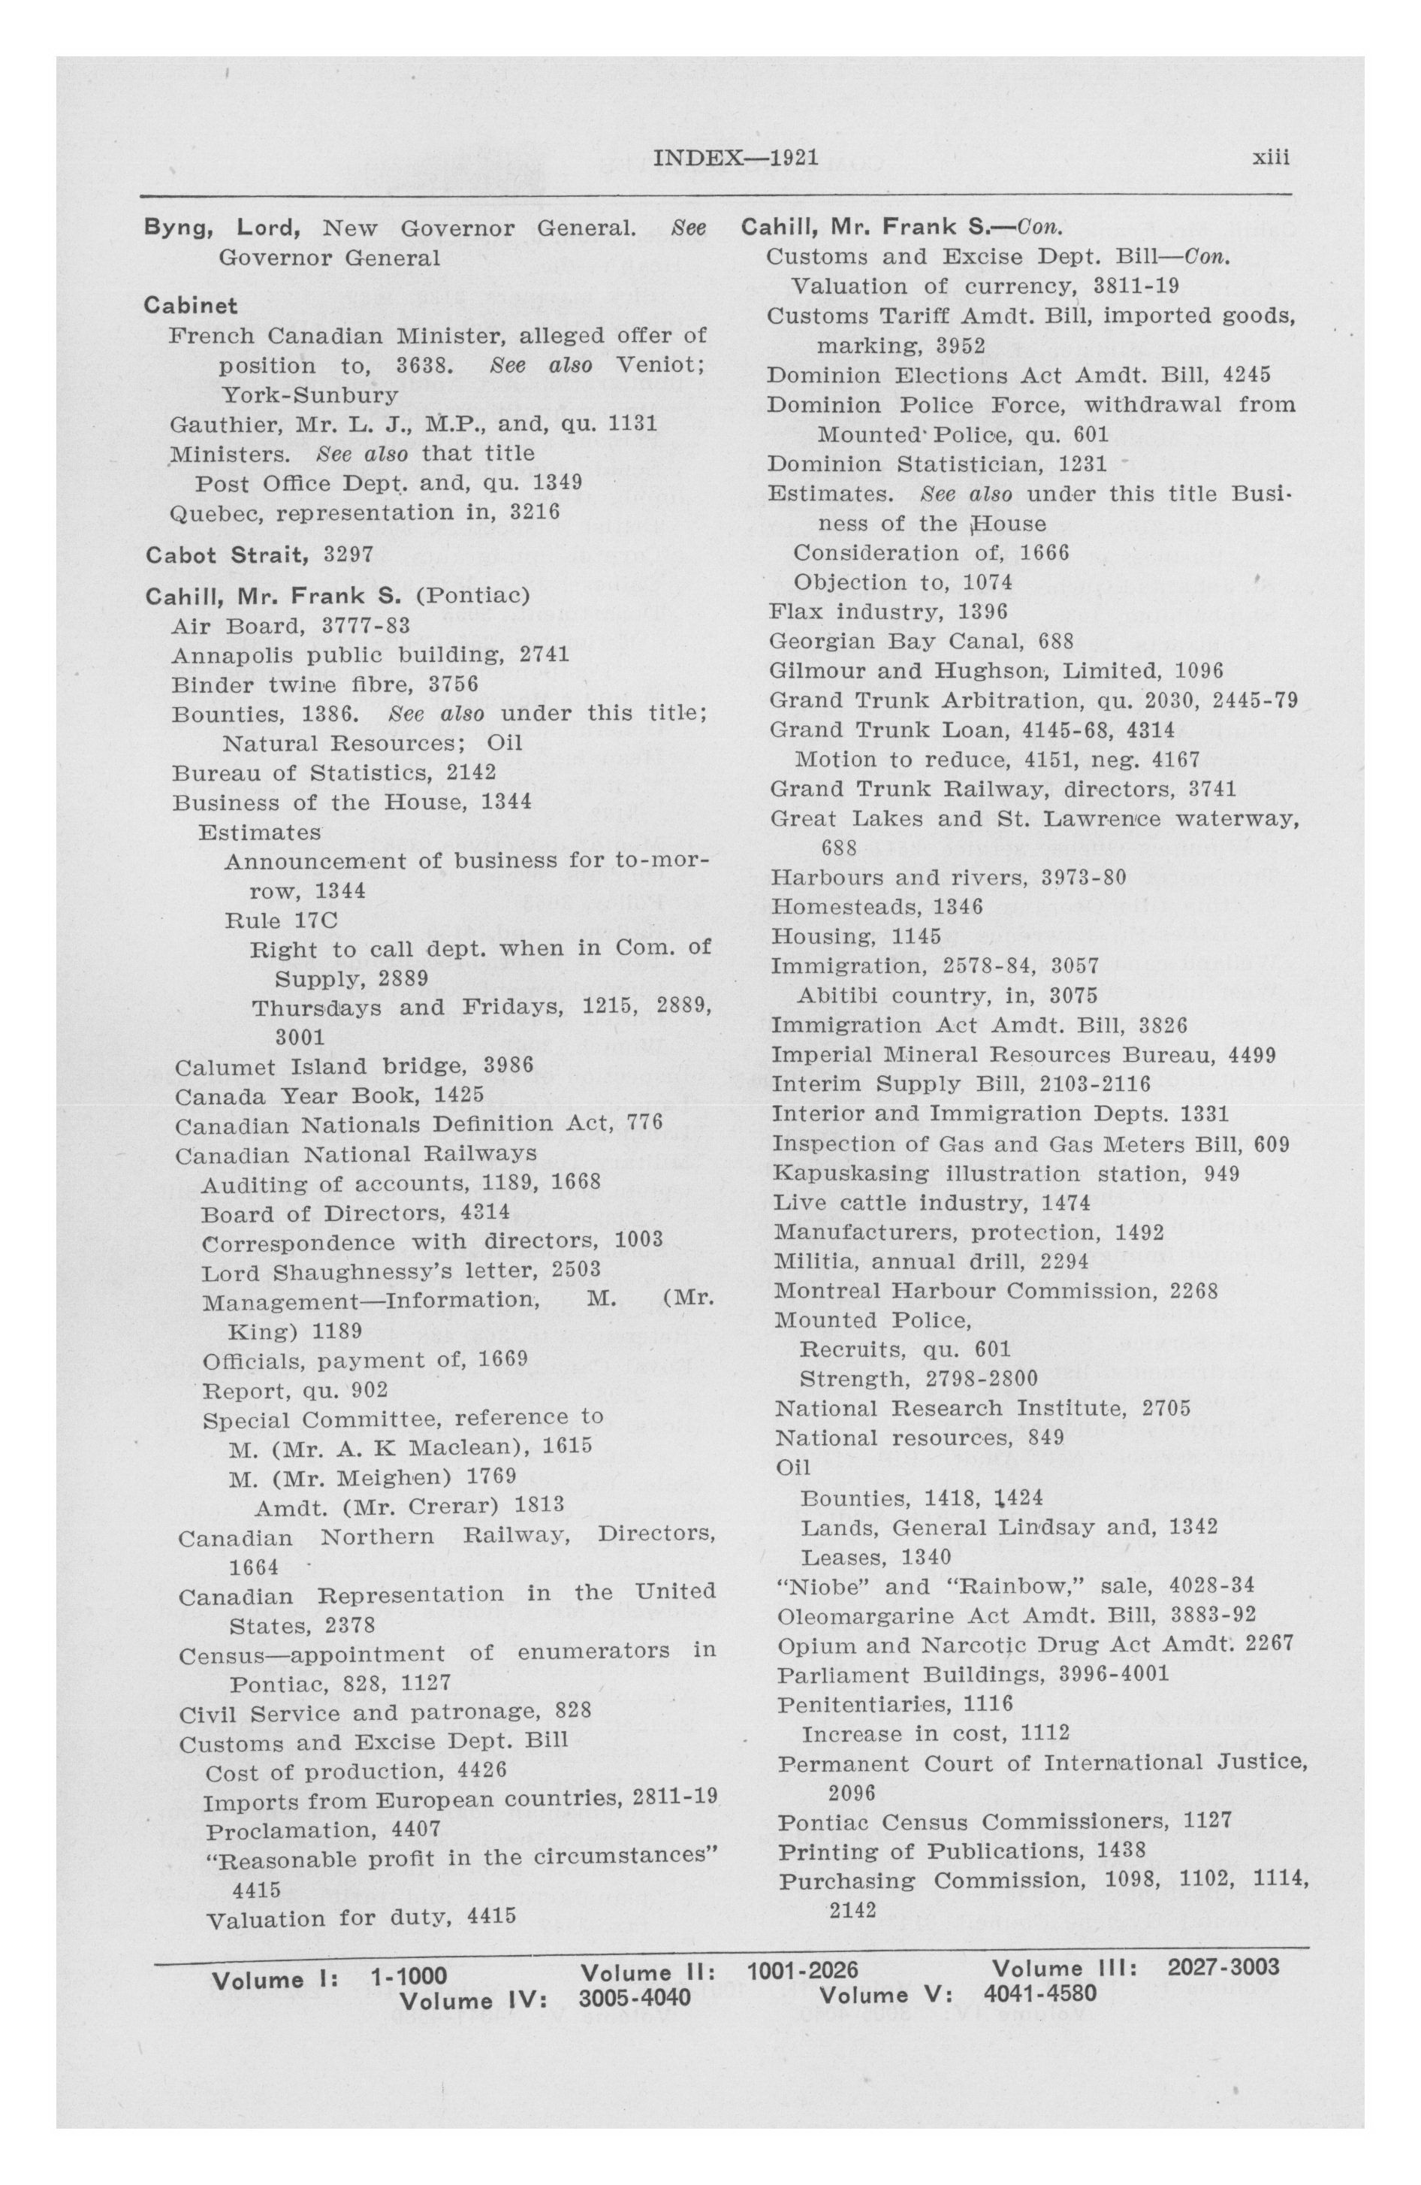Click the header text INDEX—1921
pyautogui.click(x=735, y=157)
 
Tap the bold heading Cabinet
pyautogui.click(x=191, y=306)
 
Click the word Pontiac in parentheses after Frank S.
pyautogui.click(x=472, y=597)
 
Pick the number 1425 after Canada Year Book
pyautogui.click(x=459, y=1096)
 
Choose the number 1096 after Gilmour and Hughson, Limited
pyautogui.click(x=1199, y=671)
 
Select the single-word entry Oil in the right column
pyautogui.click(x=793, y=1467)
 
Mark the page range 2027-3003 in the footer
pyautogui.click(x=1223, y=1966)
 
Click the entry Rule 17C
pyautogui.click(x=282, y=920)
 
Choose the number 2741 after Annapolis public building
pyautogui.click(x=545, y=654)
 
